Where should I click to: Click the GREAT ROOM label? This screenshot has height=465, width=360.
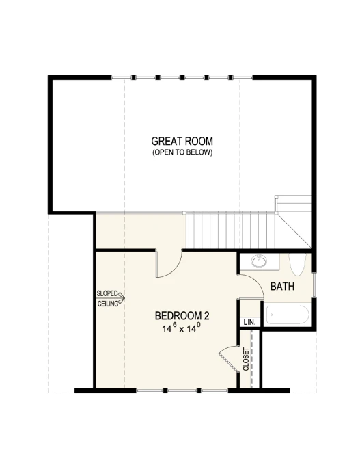tap(182, 141)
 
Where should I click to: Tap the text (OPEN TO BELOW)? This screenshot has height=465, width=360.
tap(182, 152)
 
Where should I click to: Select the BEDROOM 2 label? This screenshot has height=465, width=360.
tap(182, 315)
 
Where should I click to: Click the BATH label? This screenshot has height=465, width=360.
tap(282, 287)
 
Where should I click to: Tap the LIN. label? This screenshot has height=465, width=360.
tap(249, 322)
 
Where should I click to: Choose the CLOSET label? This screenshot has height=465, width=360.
tap(246, 359)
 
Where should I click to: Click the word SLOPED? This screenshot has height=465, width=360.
tap(107, 293)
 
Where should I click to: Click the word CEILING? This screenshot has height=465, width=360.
tap(108, 304)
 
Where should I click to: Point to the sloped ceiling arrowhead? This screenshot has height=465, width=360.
tap(122, 297)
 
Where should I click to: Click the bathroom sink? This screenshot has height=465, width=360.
tap(259, 261)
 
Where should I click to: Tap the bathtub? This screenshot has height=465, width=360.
tap(288, 315)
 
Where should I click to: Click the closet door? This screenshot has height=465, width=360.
tap(229, 360)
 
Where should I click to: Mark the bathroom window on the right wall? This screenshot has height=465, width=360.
tap(314, 284)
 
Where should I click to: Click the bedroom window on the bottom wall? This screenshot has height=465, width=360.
tap(182, 390)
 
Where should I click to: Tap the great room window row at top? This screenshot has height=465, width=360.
tap(182, 78)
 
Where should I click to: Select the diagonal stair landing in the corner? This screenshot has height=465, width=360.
tap(294, 230)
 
